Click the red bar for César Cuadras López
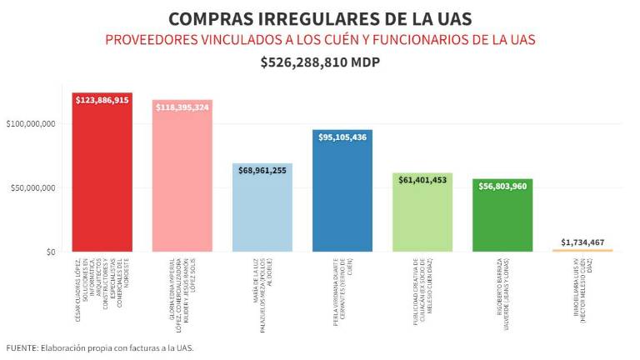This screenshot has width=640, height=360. (x=102, y=175)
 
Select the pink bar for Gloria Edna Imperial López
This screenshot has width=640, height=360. (x=182, y=179)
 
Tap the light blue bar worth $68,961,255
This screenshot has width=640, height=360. (x=262, y=208)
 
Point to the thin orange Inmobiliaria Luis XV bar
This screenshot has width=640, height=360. (x=582, y=250)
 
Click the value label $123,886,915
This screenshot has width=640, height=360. (x=102, y=100)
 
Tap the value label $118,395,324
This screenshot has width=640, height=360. (x=182, y=107)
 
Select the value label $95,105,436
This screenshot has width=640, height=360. (x=342, y=137)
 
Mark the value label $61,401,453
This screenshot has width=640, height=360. (x=422, y=180)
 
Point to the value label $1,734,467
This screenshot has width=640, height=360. (x=582, y=242)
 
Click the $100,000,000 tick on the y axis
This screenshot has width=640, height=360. (x=31, y=124)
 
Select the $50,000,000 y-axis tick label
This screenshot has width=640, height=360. (x=33, y=188)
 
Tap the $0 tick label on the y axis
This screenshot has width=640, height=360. (x=49, y=252)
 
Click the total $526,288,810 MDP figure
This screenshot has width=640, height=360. (x=320, y=62)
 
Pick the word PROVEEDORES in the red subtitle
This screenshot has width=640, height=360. (x=152, y=39)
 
